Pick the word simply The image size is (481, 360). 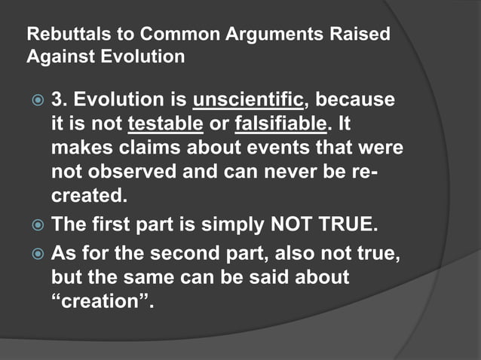pyautogui.click(x=212, y=224)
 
